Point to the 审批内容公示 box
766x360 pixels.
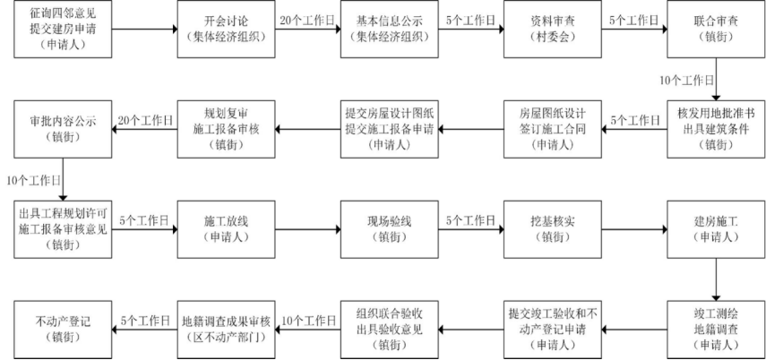click(x=62, y=129)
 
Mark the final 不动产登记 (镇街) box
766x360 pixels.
click(x=62, y=329)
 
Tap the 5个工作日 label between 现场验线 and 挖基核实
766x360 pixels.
click(x=469, y=219)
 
